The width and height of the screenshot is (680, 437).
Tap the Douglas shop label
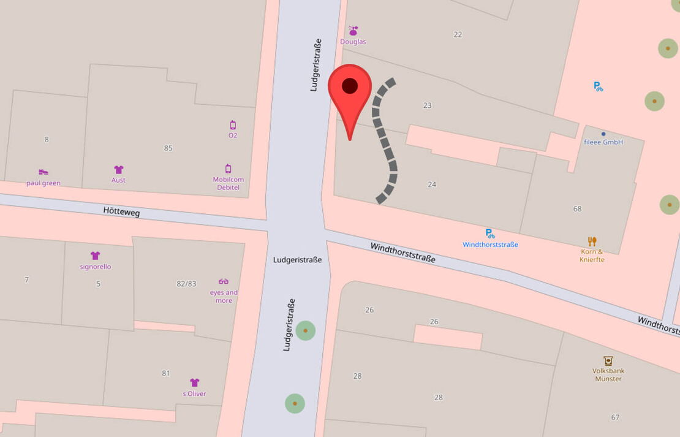353,42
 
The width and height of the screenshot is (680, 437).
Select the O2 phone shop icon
233,125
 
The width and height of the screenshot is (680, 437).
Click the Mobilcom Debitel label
229,183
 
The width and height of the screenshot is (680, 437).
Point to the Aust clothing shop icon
119,170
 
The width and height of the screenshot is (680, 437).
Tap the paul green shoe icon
43,172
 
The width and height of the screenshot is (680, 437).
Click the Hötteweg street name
121,212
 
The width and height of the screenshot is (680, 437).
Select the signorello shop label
96,267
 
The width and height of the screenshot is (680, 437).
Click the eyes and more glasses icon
224,281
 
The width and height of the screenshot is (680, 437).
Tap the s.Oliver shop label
194,393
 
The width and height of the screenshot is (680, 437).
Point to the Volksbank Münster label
608,374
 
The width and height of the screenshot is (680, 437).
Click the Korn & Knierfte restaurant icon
592,241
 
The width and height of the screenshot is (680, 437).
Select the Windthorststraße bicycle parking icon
490,233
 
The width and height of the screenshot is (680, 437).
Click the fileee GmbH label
603,142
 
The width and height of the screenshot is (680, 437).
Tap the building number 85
168,148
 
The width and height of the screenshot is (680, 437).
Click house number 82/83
186,283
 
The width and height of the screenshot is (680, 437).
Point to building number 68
577,209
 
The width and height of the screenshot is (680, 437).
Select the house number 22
458,34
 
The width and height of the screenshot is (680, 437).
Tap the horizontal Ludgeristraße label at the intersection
297,260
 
